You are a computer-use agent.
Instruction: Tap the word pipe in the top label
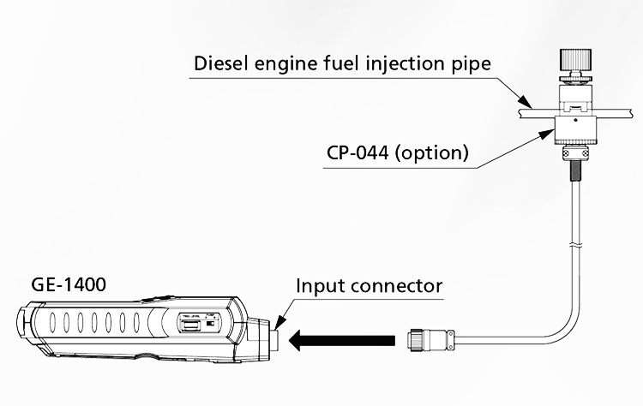pyautogui.click(x=471, y=64)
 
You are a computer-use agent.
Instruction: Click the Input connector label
pyautogui.click(x=370, y=285)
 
